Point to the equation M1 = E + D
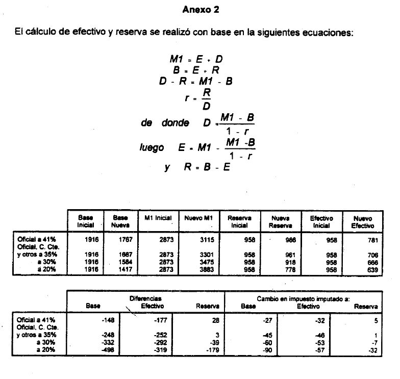tap(196, 60)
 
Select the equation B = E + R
tap(196, 70)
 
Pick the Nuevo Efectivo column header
tap(363, 221)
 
